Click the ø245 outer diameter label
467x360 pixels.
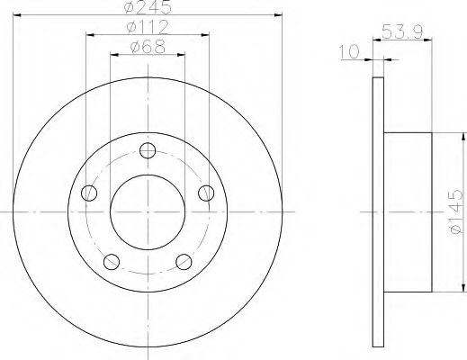pyautogui.click(x=148, y=7)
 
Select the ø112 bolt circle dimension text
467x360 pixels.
pyautogui.click(x=148, y=27)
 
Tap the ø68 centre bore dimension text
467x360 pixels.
pyautogui.click(x=148, y=47)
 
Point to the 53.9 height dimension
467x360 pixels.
pyautogui.click(x=402, y=32)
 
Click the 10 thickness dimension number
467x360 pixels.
pyautogui.click(x=349, y=51)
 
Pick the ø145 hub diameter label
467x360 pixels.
pyautogui.click(x=456, y=211)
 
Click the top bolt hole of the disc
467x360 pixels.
pyautogui.click(x=148, y=150)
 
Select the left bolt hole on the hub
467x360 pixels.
pyautogui.click(x=89, y=193)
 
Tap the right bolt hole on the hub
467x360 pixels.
pyautogui.click(x=206, y=193)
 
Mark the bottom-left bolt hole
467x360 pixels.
pyautogui.click(x=112, y=262)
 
